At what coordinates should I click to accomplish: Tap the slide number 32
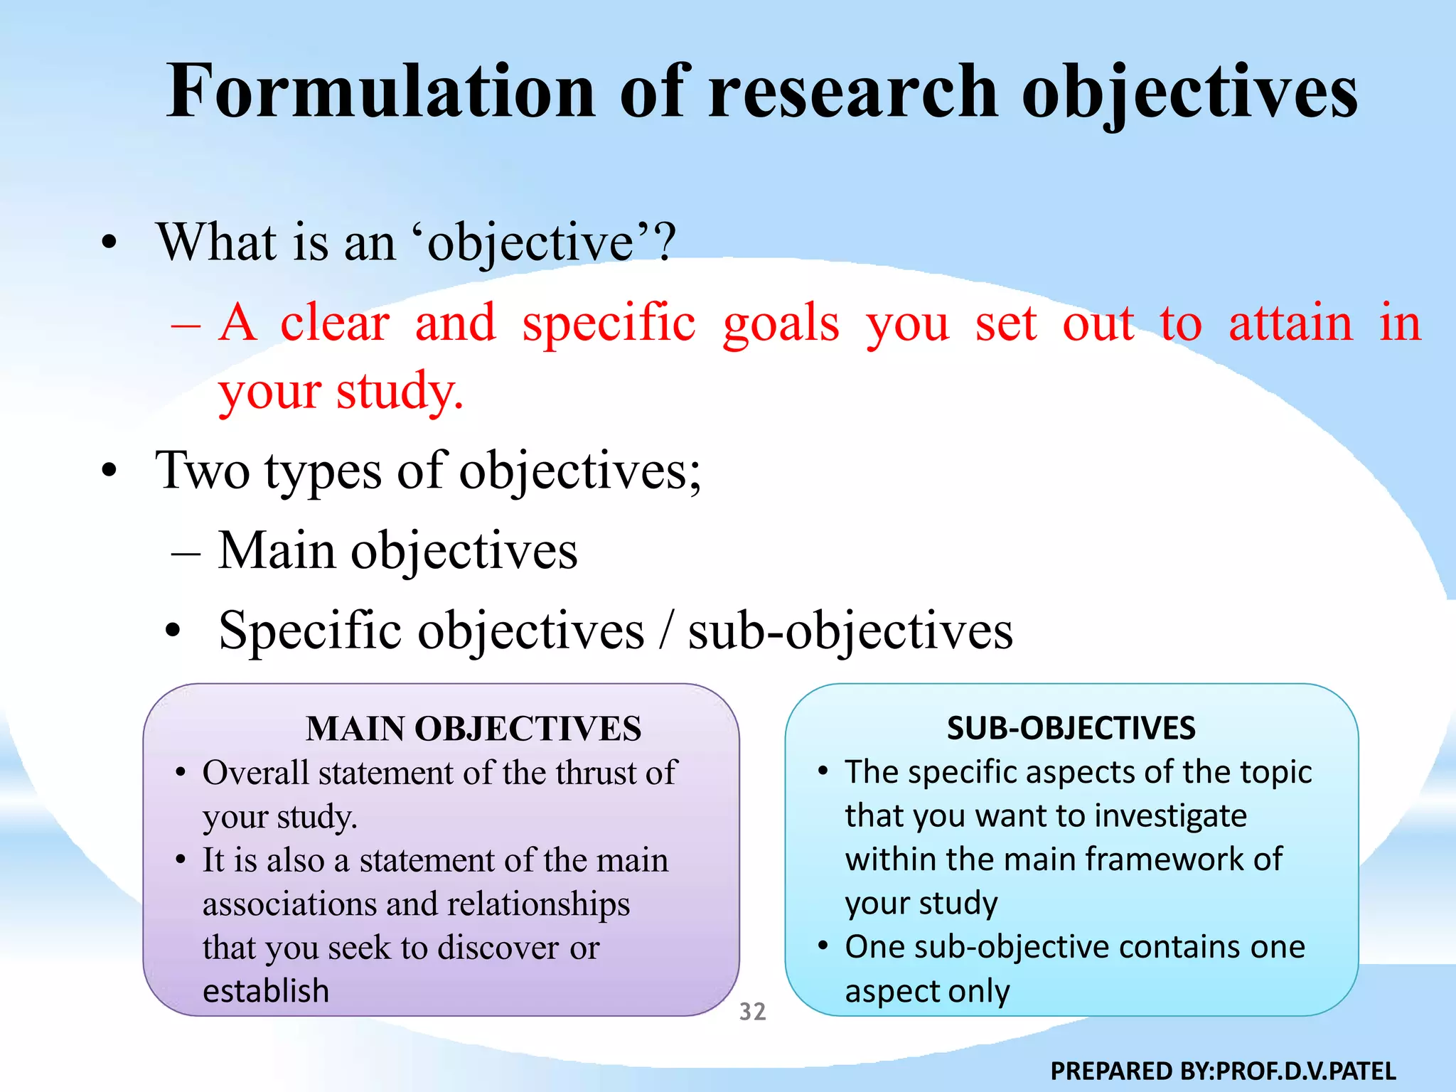coord(752,1011)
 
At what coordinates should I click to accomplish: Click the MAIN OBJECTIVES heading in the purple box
coord(473,729)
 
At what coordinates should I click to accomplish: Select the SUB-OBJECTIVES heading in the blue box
coord(1071,728)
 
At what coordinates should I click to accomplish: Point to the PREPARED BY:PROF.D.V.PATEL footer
coord(1223,1071)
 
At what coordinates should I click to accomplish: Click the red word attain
coord(1290,323)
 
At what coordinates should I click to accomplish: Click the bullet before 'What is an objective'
coord(109,242)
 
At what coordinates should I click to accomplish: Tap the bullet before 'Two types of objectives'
coord(109,470)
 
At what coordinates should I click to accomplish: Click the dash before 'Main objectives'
coord(186,553)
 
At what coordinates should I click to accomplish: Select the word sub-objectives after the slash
coord(850,631)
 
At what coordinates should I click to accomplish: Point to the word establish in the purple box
coord(266,990)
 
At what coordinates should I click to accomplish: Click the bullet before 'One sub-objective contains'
coord(823,946)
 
